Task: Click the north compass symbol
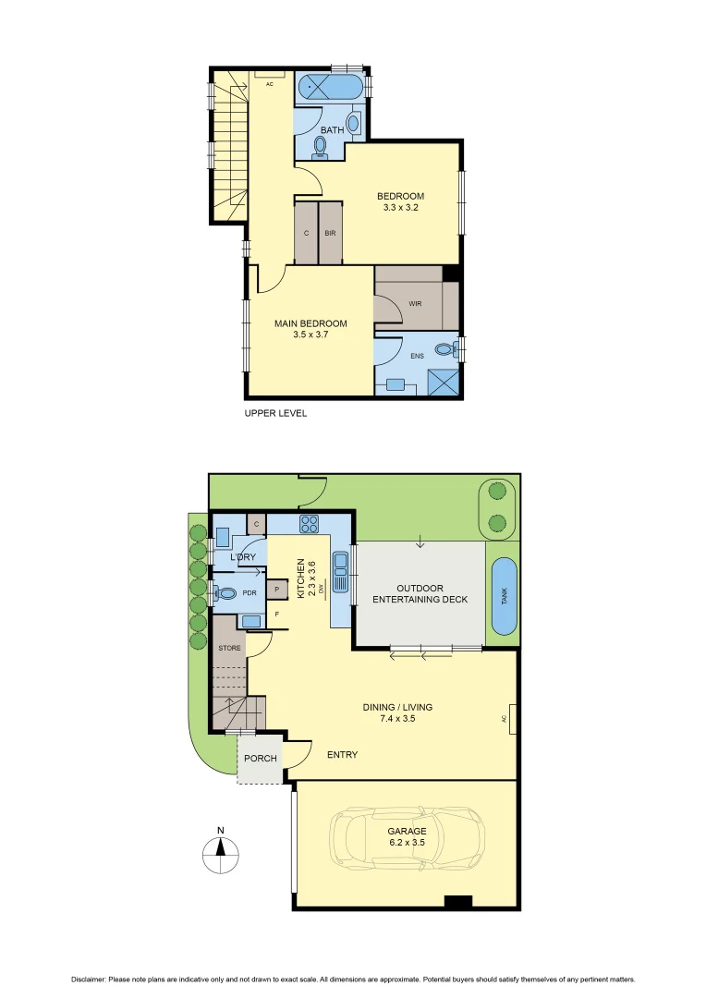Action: pos(220,851)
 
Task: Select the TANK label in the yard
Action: pos(504,596)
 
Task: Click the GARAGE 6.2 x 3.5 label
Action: pos(408,836)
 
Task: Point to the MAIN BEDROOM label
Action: pos(310,329)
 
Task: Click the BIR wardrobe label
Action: pos(330,233)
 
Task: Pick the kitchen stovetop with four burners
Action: pos(309,525)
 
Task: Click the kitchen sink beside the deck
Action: pos(341,572)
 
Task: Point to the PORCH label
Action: pos(260,759)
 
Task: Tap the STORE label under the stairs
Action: pos(229,648)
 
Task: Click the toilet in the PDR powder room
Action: pos(223,593)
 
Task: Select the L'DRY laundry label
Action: pos(242,557)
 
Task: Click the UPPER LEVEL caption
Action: pos(275,413)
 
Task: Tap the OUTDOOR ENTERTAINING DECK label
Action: pos(420,593)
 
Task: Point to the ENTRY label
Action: pos(342,755)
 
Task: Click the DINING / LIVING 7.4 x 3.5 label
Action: pos(397,712)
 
